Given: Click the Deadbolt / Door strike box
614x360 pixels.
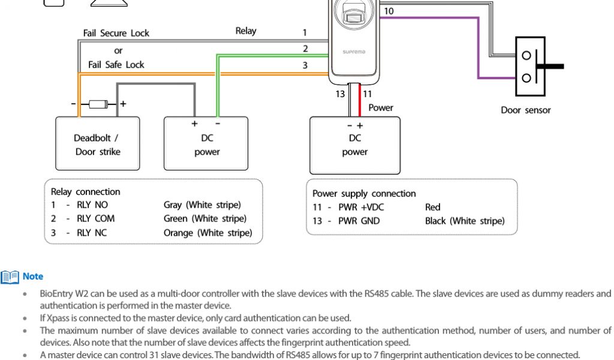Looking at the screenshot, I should coord(97,144).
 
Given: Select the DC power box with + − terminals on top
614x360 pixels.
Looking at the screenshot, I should coord(207,144).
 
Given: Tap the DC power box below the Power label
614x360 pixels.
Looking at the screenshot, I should coord(354,144).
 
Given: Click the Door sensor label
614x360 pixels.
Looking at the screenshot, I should coord(525,110).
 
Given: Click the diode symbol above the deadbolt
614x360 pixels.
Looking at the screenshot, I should coord(97,104).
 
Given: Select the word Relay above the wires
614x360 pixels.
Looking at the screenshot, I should coord(245,31).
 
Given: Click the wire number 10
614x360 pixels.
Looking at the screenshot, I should coord(389,11).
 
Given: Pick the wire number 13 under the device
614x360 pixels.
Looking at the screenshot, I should coord(340,94).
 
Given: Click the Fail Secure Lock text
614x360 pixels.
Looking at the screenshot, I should coord(116,33).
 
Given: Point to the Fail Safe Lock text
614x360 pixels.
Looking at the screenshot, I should coord(116,64).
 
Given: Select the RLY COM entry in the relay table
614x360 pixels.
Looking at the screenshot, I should coord(96,218).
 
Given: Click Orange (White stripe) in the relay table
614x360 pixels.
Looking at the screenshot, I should coord(207,233).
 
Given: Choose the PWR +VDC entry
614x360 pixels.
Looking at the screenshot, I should coord(361,207).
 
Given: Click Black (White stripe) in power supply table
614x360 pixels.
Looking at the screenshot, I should coord(465,221).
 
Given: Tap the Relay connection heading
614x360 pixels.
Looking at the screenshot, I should coord(85,192).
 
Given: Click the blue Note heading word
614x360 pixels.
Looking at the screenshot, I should coord(33,276).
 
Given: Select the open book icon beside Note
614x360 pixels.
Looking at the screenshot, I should coord(10,276).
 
